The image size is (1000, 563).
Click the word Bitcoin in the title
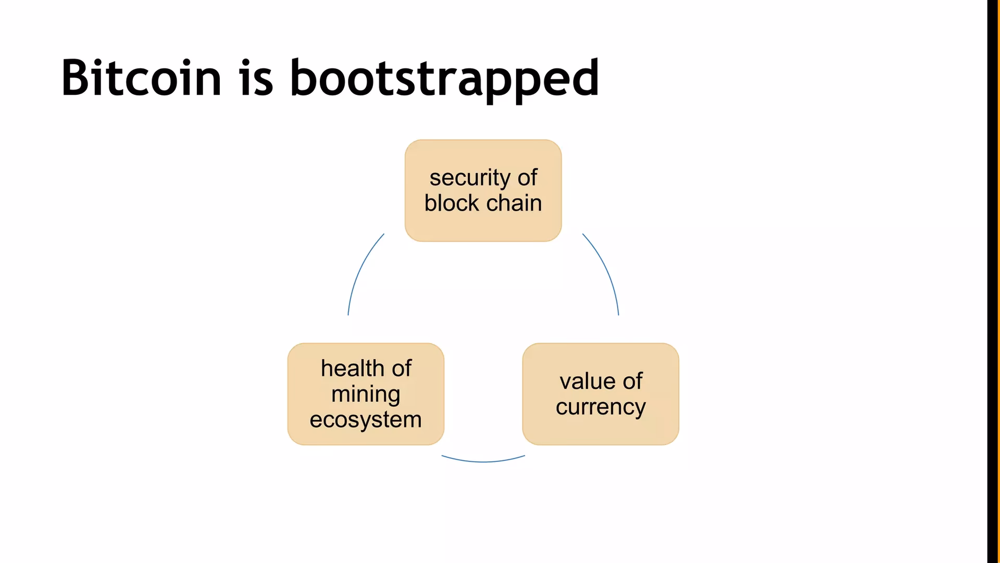point(141,78)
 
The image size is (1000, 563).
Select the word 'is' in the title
point(256,78)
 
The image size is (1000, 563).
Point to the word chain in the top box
point(514,203)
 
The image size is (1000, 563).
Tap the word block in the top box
point(452,203)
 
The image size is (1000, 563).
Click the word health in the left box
point(352,369)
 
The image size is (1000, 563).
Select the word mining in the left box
point(366,395)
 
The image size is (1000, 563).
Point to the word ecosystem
point(366,420)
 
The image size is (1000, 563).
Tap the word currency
point(601,407)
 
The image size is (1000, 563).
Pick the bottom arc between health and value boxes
point(483,461)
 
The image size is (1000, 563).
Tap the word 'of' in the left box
point(402,369)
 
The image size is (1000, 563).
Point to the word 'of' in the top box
point(527,178)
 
